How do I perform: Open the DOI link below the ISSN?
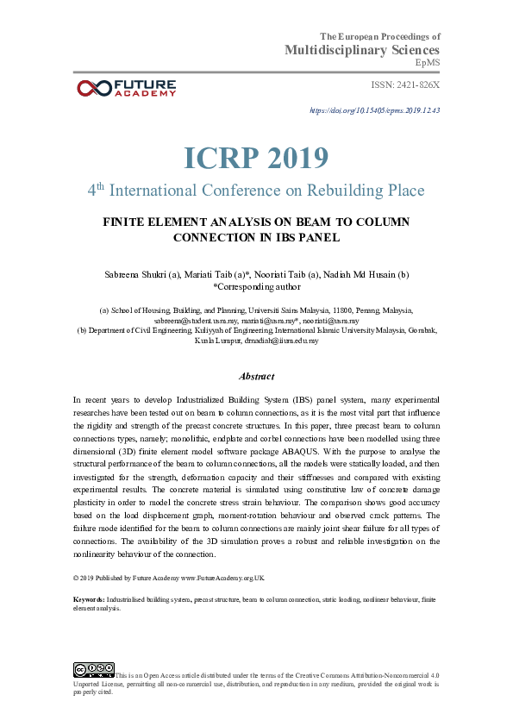(374, 110)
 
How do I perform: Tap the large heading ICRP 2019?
(256, 158)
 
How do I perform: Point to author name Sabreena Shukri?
(132, 274)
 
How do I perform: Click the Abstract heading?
(256, 376)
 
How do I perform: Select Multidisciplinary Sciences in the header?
(362, 50)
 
